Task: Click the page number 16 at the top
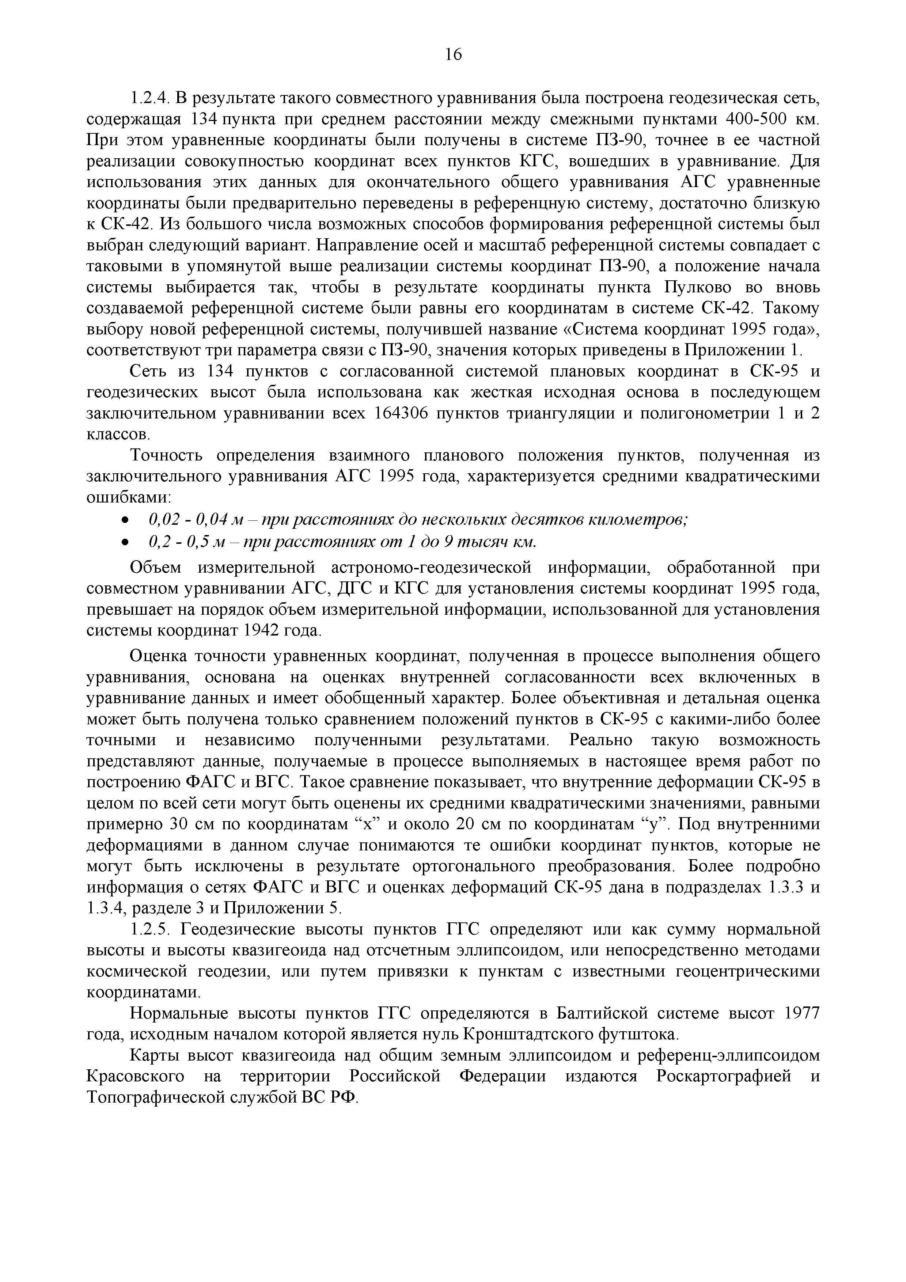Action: pos(453,54)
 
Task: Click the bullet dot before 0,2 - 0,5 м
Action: pos(126,542)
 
